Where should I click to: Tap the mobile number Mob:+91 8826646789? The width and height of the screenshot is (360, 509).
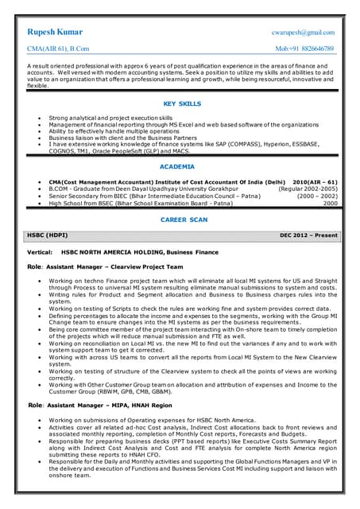(304, 49)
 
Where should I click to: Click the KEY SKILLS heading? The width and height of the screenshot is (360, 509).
(182, 103)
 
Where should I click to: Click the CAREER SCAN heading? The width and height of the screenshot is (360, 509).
(184, 219)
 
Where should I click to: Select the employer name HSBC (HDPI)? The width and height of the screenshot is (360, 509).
(48, 235)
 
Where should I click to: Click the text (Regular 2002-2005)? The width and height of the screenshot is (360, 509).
(308, 188)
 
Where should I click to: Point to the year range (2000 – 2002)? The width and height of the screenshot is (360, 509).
(317, 196)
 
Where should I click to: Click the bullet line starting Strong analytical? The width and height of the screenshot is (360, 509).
(104, 117)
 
